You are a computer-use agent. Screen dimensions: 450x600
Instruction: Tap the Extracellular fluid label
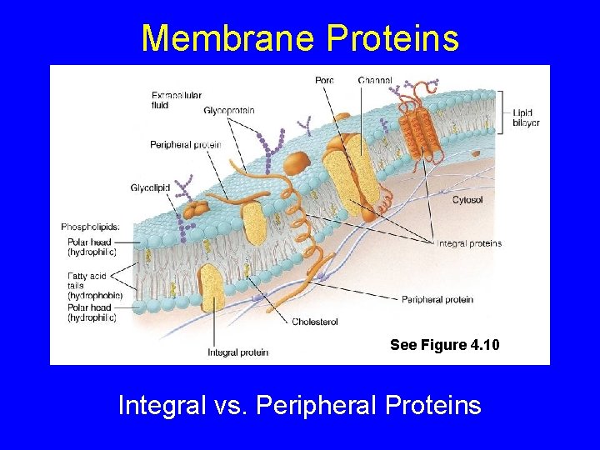pyautogui.click(x=176, y=100)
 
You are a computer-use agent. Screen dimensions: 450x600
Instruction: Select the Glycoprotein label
pyautogui.click(x=228, y=110)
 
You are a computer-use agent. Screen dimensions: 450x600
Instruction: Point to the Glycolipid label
pyautogui.click(x=150, y=188)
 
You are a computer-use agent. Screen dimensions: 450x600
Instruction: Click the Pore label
pyautogui.click(x=324, y=80)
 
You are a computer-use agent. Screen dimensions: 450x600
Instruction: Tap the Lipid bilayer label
pyautogui.click(x=526, y=117)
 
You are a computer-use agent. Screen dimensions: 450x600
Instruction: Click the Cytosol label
pyautogui.click(x=467, y=200)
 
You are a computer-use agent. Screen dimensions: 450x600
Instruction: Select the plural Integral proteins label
pyautogui.click(x=469, y=243)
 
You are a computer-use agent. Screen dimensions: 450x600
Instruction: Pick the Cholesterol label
pyautogui.click(x=314, y=321)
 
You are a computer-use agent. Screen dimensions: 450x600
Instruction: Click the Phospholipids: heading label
pyautogui.click(x=90, y=227)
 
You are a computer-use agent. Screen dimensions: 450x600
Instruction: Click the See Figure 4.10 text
pyautogui.click(x=444, y=345)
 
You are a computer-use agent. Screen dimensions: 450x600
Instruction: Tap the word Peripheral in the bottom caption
pyautogui.click(x=310, y=406)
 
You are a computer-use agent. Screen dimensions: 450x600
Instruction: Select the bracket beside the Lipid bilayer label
pyautogui.click(x=502, y=112)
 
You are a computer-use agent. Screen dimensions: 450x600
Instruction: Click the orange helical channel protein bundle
pyautogui.click(x=418, y=125)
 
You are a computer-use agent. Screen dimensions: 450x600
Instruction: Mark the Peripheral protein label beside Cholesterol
pyautogui.click(x=437, y=299)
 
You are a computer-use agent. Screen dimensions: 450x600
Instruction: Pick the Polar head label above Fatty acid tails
pyautogui.click(x=92, y=247)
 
